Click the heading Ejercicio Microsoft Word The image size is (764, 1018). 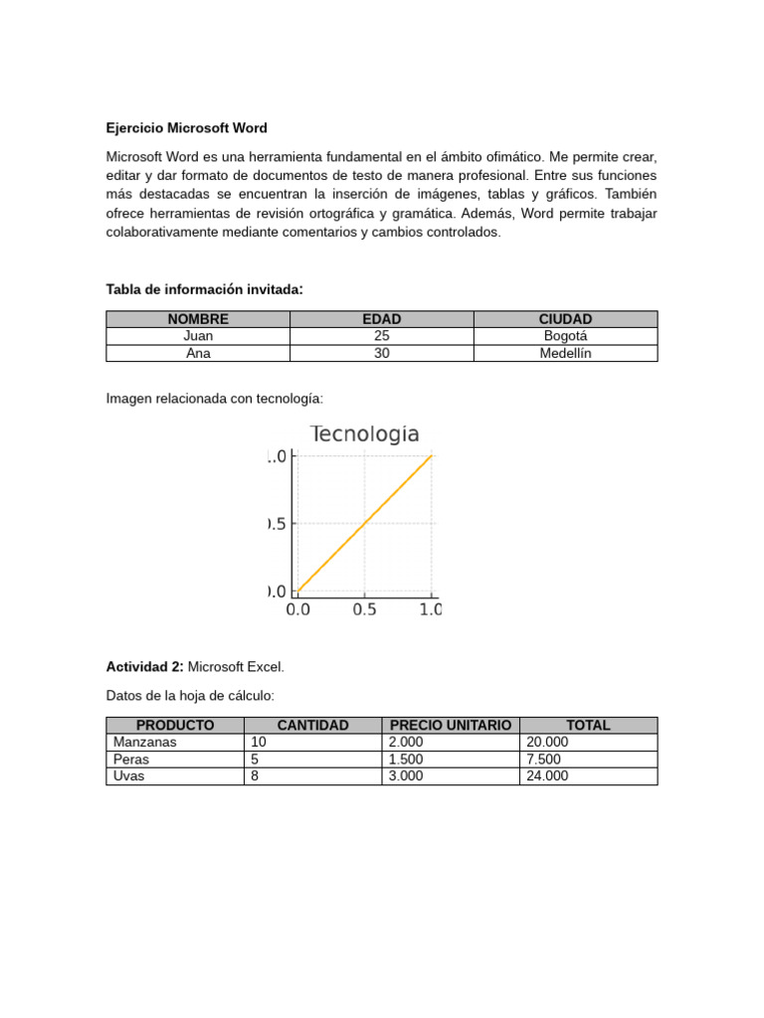[187, 128]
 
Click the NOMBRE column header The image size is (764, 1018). [198, 319]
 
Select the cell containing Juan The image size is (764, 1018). [198, 336]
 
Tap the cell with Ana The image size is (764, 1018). [198, 353]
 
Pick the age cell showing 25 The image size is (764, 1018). [381, 336]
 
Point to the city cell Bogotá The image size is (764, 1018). [565, 336]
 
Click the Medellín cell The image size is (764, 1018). [565, 353]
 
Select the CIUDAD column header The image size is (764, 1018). [565, 319]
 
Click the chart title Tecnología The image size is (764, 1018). [365, 434]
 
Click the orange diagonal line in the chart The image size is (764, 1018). [365, 523]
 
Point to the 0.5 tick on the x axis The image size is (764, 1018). [364, 609]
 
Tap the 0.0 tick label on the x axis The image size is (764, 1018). [297, 609]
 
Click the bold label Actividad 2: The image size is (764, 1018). [145, 666]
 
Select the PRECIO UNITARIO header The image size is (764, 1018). [451, 726]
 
